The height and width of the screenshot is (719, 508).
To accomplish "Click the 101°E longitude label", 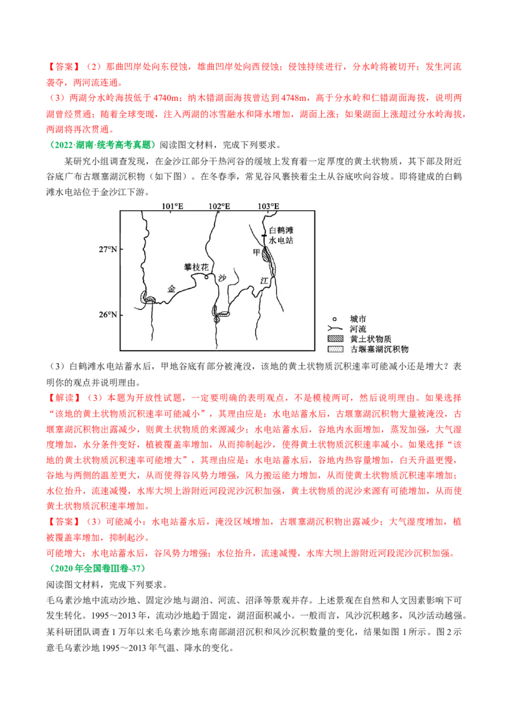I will click(x=172, y=206).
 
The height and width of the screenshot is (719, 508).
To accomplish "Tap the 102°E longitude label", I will click(x=219, y=206).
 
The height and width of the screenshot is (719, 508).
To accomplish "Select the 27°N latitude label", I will click(x=107, y=250).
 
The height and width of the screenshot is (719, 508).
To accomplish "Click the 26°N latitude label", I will click(x=107, y=314).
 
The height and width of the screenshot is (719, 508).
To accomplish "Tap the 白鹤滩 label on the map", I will click(x=282, y=230).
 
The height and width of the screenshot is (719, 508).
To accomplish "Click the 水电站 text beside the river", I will click(x=282, y=241).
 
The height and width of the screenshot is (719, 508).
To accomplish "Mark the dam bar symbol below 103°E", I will click(x=263, y=235).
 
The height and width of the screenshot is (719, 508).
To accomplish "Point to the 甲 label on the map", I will click(x=257, y=252).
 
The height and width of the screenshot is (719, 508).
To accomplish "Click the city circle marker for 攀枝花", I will click(x=206, y=277).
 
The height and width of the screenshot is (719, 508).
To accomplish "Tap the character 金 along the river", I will click(x=171, y=288).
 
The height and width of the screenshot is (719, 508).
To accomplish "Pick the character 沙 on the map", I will click(x=222, y=278).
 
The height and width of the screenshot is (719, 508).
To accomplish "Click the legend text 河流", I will click(x=358, y=328).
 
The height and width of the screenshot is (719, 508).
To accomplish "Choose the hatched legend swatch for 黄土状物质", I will click(x=335, y=339).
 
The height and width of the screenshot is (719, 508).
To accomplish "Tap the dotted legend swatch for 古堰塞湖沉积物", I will click(x=335, y=349).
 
